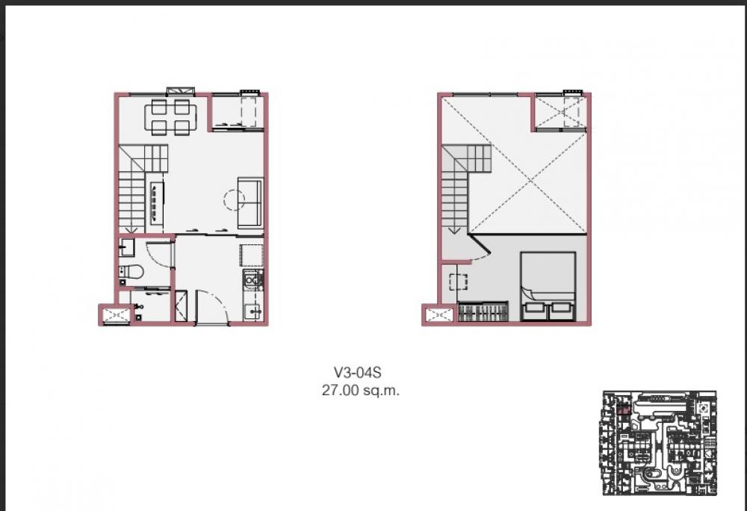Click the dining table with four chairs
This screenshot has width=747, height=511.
click(x=170, y=117)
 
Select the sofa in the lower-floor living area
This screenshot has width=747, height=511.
click(x=250, y=202)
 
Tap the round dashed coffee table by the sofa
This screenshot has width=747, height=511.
click(x=235, y=200)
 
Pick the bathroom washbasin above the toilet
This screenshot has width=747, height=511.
click(x=127, y=247)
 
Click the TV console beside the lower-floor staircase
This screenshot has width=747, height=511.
click(x=157, y=203)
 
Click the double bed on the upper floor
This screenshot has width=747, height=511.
click(x=548, y=286)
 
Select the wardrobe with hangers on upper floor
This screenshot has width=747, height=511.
click(x=483, y=312)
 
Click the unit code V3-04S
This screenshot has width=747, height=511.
click(x=357, y=372)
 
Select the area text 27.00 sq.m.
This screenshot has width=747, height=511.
click(x=361, y=391)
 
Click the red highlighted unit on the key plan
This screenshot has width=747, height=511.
click(x=624, y=409)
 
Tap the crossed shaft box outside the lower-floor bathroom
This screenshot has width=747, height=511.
click(x=114, y=315)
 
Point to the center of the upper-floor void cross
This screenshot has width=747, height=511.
click(x=530, y=180)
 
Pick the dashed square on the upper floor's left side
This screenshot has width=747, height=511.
click(x=459, y=282)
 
